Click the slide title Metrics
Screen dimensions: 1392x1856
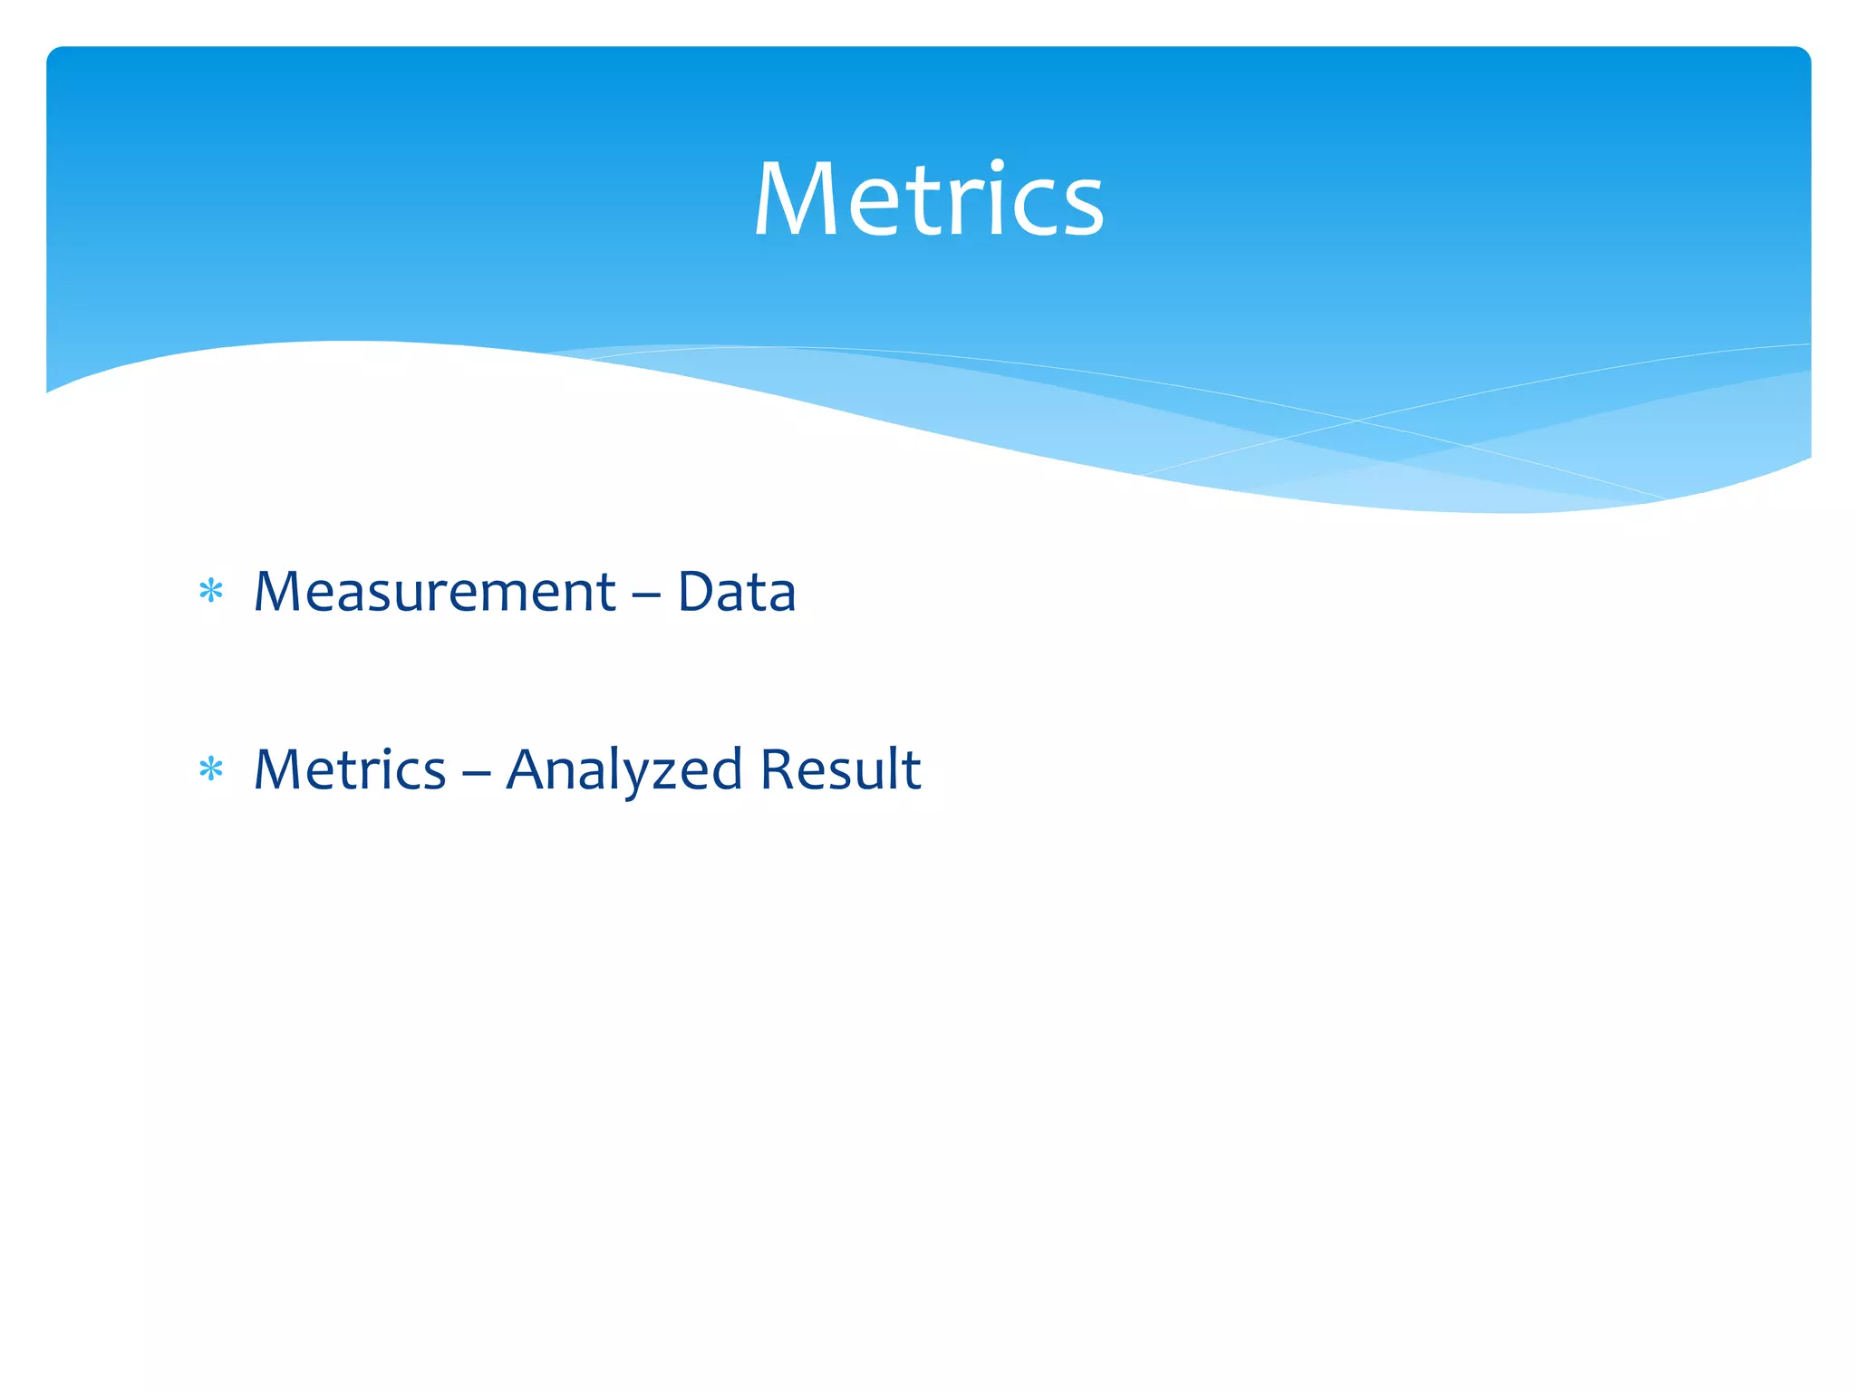click(928, 199)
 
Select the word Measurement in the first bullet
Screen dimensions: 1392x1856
click(435, 592)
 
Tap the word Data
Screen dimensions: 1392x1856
click(737, 592)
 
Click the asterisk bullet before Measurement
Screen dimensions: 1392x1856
click(211, 592)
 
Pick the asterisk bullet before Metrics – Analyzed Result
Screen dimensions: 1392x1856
click(211, 770)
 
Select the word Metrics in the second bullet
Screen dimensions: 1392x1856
click(350, 770)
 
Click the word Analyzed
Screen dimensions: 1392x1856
click(624, 770)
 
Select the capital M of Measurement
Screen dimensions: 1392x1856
click(280, 592)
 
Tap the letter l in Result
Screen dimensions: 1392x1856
click(893, 768)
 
